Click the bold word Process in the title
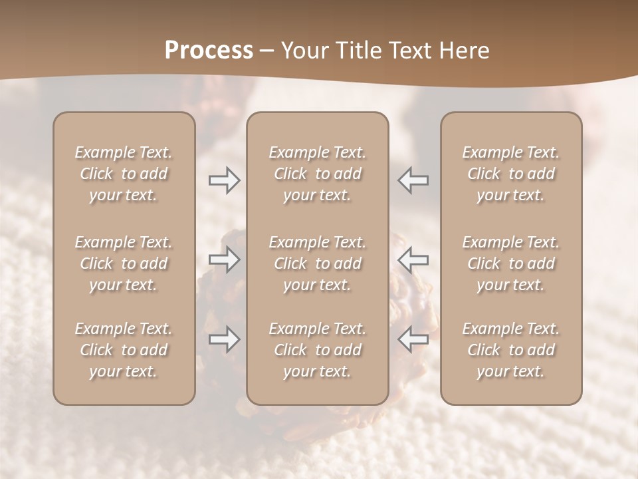pyautogui.click(x=209, y=51)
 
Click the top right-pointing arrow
pyautogui.click(x=224, y=180)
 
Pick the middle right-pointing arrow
pyautogui.click(x=224, y=259)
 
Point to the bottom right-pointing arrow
pyautogui.click(x=224, y=339)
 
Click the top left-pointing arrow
pyautogui.click(x=413, y=180)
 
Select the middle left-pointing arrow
pyautogui.click(x=413, y=259)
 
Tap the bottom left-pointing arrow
pyautogui.click(x=413, y=339)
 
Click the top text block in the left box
pyautogui.click(x=124, y=174)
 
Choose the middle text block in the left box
pyautogui.click(x=124, y=263)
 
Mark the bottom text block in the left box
pyautogui.click(x=124, y=350)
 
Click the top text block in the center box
pyautogui.click(x=317, y=174)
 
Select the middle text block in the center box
pyautogui.click(x=317, y=263)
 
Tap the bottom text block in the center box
pyautogui.click(x=317, y=350)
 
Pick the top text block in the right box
pyautogui.click(x=510, y=174)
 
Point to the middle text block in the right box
pyautogui.click(x=510, y=263)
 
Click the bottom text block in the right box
pyautogui.click(x=510, y=350)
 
